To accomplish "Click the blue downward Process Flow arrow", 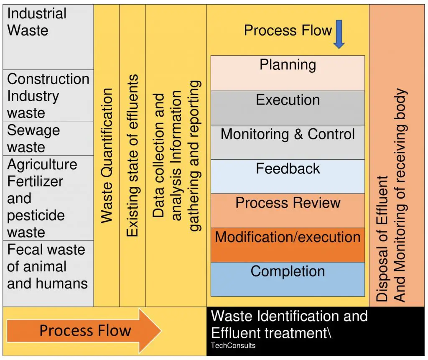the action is coord(339,34).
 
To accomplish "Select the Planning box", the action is coord(288,73).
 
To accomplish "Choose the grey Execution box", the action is coord(288,108).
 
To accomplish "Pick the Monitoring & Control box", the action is coord(288,142).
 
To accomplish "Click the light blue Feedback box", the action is coord(288,176).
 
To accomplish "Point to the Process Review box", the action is coord(288,211).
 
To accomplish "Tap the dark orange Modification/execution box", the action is coord(288,245).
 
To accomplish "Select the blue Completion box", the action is coord(288,279).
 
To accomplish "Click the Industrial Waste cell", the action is coord(48,37).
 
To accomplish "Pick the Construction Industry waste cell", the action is coord(48,95).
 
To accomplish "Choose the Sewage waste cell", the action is coord(48,138).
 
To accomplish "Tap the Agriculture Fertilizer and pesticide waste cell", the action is coord(48,198).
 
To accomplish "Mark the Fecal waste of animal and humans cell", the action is coord(48,273).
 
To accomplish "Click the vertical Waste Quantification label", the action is coord(107,156).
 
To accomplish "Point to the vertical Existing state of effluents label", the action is coord(132,156).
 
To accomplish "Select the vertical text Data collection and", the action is coord(158,156).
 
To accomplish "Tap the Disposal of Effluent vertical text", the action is coord(382,239).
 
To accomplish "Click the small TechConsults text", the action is coord(233,345).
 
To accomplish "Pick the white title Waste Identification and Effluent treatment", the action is coord(289,324).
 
